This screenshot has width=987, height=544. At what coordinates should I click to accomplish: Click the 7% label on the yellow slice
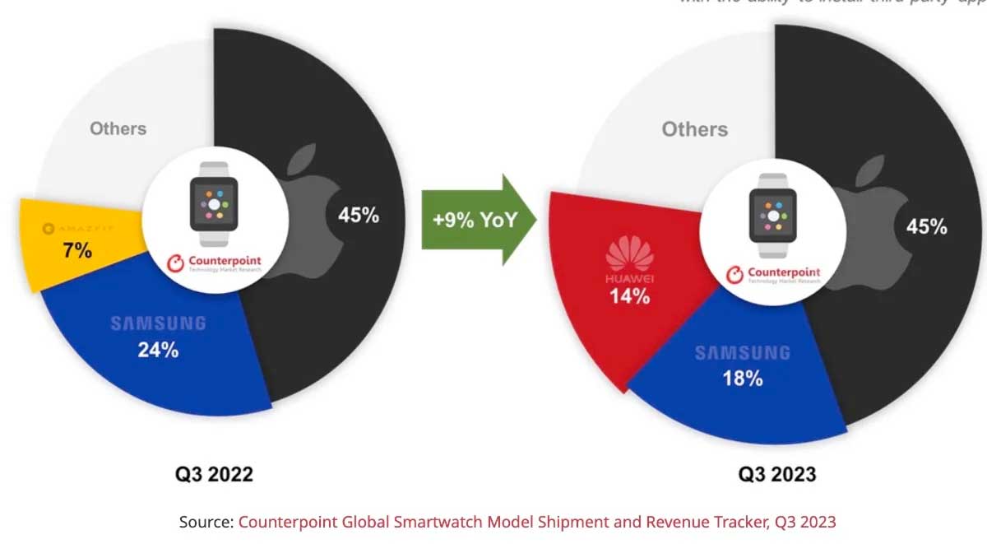click(77, 251)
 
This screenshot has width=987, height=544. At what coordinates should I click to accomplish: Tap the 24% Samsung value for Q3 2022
click(159, 350)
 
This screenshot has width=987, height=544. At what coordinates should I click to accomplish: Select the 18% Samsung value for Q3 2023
click(742, 379)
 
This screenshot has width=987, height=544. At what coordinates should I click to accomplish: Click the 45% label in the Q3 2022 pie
click(359, 216)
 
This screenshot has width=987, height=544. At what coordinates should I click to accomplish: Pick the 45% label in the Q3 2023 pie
click(927, 226)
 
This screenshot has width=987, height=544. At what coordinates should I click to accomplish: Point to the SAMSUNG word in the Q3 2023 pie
click(742, 353)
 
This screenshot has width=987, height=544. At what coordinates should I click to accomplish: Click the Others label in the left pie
click(118, 128)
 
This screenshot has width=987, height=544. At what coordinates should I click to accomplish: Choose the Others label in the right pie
click(695, 129)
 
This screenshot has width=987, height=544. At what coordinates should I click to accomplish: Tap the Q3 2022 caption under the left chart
click(214, 474)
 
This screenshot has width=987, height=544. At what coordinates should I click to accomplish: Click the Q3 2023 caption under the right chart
click(776, 474)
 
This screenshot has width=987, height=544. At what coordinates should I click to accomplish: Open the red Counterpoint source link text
click(537, 522)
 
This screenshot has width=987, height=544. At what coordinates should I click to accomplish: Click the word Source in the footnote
click(206, 522)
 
